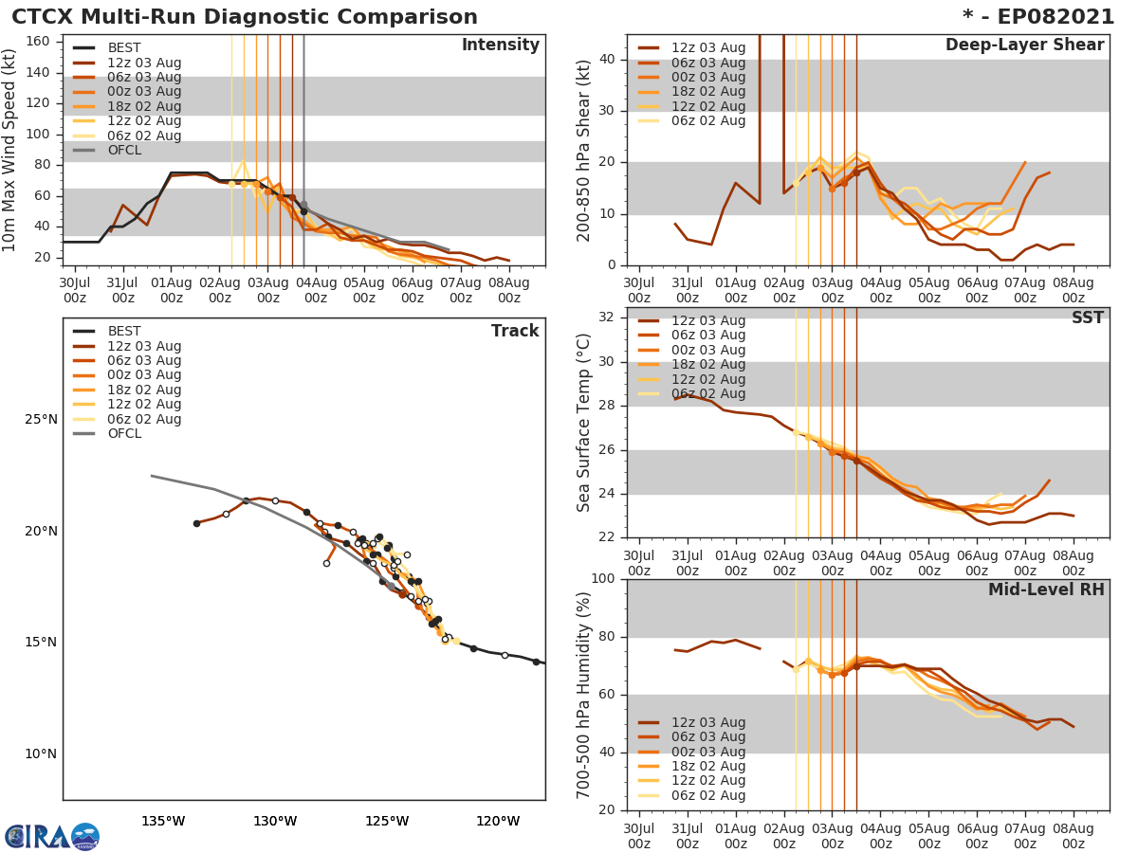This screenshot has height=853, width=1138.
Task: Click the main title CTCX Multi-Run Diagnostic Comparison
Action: [x=245, y=17]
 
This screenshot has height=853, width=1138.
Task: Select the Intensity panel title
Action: [x=500, y=45]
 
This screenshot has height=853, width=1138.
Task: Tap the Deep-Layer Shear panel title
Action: [x=1024, y=45]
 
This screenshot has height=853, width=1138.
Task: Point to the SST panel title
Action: [x=1087, y=318]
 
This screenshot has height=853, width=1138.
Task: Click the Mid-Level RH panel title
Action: [x=1046, y=590]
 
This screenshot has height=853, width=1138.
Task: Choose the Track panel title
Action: [x=515, y=331]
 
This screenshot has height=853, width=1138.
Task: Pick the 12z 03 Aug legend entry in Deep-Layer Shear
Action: [x=708, y=48]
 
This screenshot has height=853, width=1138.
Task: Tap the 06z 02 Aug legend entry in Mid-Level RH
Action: [x=708, y=795]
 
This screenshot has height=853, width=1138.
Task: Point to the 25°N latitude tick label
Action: [x=41, y=420]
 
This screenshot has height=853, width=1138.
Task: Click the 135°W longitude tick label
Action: [x=163, y=821]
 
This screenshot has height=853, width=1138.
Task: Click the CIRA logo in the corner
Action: [x=52, y=836]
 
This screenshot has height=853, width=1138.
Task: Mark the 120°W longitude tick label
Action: [x=498, y=821]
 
